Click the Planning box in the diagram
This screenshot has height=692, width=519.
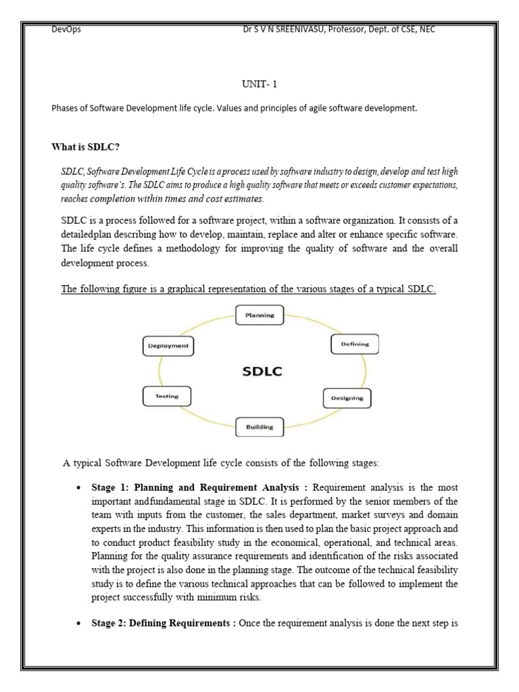(x=259, y=315)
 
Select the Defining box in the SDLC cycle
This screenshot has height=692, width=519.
(x=355, y=345)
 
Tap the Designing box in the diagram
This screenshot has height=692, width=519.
(x=347, y=398)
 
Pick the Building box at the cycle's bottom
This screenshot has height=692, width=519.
(x=259, y=427)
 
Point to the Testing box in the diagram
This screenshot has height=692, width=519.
(x=166, y=396)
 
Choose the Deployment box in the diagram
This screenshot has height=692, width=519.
(x=168, y=346)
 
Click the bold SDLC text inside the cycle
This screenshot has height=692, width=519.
(x=262, y=371)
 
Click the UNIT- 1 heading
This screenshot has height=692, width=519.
(x=259, y=86)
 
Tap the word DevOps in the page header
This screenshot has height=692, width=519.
(x=66, y=30)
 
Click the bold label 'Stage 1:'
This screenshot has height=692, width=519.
(x=111, y=487)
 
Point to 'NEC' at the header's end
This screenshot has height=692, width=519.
(x=436, y=30)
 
